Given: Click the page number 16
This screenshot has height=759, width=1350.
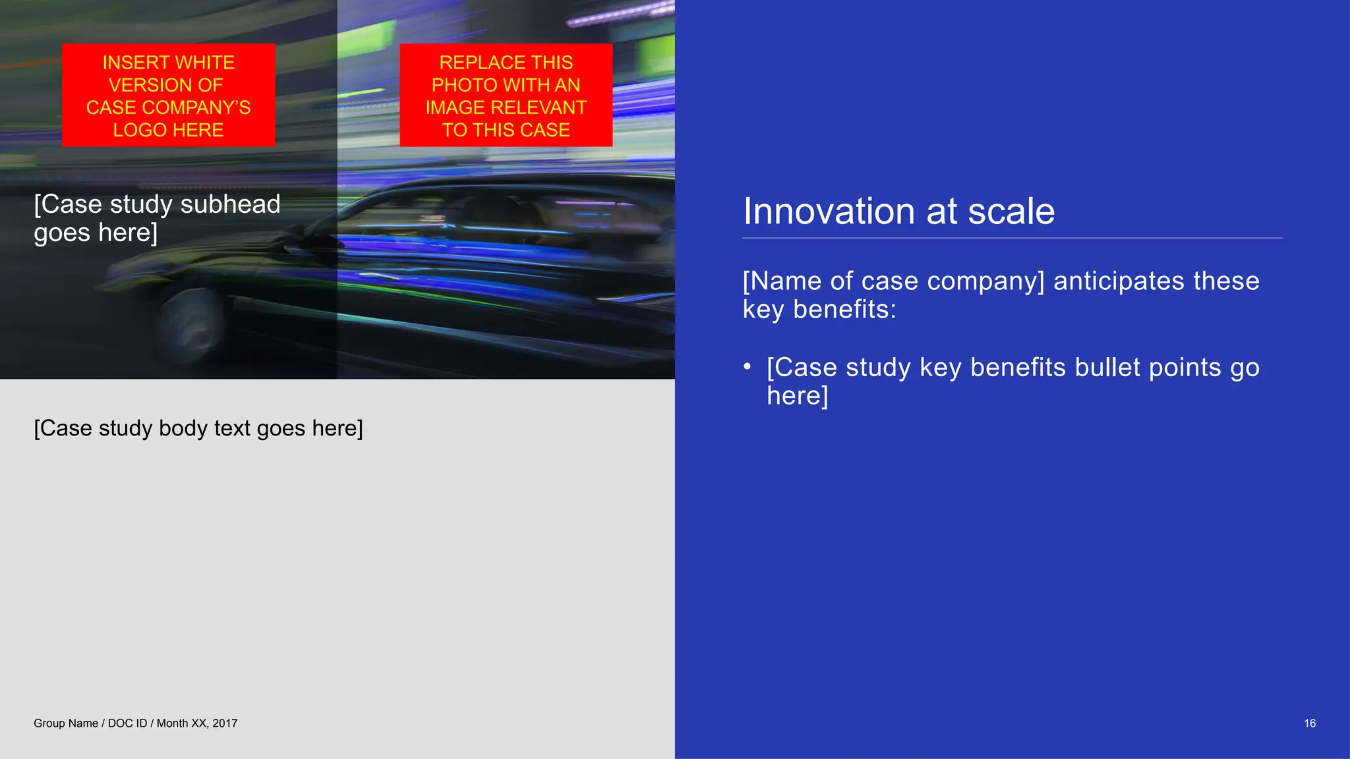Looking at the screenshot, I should tap(1309, 723).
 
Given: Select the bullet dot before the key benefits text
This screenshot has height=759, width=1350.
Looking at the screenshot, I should tap(747, 366).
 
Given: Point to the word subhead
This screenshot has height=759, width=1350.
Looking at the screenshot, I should tap(230, 204).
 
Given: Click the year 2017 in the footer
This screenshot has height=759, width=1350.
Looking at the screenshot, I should tap(225, 723).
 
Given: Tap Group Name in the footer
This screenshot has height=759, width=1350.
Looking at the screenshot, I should tap(65, 723).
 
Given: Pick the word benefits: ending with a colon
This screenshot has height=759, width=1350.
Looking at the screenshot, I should tap(844, 310).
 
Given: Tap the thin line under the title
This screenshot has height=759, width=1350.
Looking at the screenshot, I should tap(1012, 238).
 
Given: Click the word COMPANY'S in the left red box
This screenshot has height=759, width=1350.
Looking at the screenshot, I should tap(196, 107).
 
